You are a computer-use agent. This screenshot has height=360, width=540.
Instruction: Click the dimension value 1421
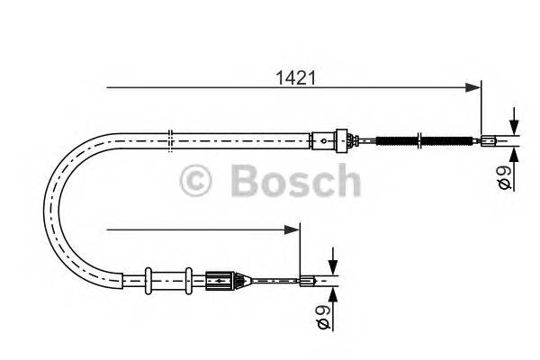click(x=294, y=78)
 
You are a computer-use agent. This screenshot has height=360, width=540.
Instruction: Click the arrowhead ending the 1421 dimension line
click(x=473, y=87)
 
